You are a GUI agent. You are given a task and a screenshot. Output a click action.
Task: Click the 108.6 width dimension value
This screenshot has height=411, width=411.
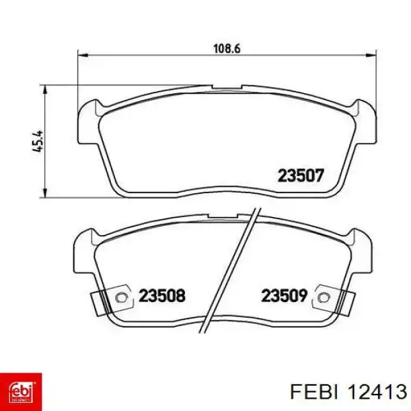[x=227, y=49]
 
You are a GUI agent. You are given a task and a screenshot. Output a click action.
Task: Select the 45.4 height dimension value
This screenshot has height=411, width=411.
[x=38, y=142]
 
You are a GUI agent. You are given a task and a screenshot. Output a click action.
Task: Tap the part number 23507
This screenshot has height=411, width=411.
[x=301, y=175]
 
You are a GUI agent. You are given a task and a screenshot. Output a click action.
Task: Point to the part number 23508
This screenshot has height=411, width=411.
[x=162, y=295]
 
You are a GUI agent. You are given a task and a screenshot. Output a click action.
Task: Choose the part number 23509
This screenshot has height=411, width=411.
[x=284, y=295]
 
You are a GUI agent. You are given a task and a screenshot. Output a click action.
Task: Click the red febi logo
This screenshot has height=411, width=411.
[x=21, y=392]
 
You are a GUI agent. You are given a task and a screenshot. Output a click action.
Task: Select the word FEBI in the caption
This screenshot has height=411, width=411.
[x=314, y=393]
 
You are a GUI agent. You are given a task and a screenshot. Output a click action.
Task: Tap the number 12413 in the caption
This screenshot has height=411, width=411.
[x=377, y=393]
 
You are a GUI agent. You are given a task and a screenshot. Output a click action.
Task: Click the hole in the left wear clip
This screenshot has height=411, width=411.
[x=121, y=297]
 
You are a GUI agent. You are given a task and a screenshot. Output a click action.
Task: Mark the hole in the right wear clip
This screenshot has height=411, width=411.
[x=324, y=297]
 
